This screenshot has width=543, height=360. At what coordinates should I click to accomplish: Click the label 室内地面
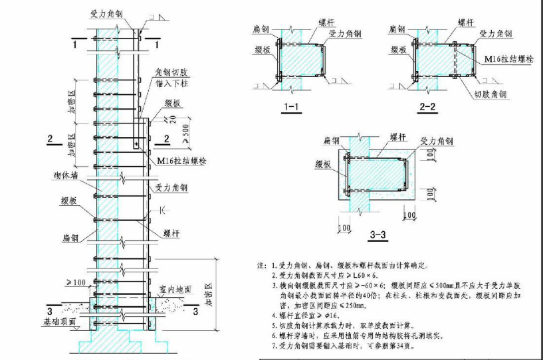tap(175, 290)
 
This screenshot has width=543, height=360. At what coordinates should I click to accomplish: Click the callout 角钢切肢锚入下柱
tap(171, 78)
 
